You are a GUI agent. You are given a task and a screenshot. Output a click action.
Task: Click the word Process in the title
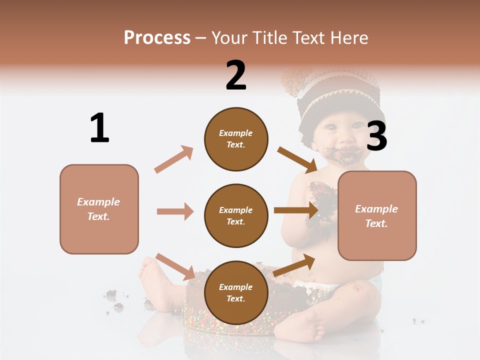(x=157, y=38)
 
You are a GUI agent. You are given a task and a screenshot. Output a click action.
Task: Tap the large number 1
(x=99, y=128)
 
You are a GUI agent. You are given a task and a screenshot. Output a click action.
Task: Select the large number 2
(x=236, y=75)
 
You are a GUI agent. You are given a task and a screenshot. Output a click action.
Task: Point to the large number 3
(x=377, y=137)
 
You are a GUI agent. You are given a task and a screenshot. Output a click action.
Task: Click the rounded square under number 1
(x=99, y=209)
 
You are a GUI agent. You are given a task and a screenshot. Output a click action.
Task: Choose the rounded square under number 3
(x=377, y=216)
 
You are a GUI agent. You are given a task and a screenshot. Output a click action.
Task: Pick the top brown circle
(x=236, y=139)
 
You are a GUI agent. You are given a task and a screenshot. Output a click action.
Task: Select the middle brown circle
(x=236, y=216)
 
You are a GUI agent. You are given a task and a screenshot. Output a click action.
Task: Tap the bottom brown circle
(x=236, y=293)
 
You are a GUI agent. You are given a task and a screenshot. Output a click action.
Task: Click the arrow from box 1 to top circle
(x=173, y=159)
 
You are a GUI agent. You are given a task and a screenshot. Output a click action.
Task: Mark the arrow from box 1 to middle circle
(x=175, y=211)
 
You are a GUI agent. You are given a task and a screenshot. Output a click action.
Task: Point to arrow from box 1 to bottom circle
(x=175, y=266)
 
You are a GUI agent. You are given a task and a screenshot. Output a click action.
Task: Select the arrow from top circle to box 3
(x=297, y=160)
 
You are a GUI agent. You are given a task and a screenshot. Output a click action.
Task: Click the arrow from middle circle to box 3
(x=296, y=210)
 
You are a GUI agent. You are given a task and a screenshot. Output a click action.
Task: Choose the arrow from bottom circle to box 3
(x=294, y=265)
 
